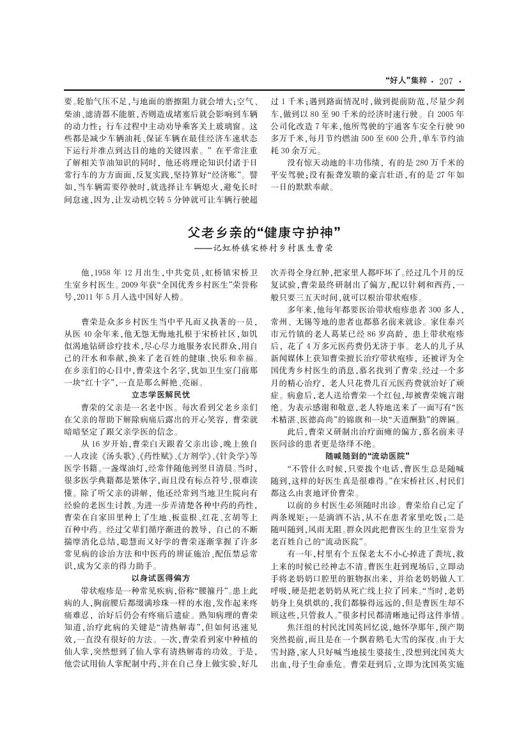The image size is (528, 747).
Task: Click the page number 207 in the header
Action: [446, 81]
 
